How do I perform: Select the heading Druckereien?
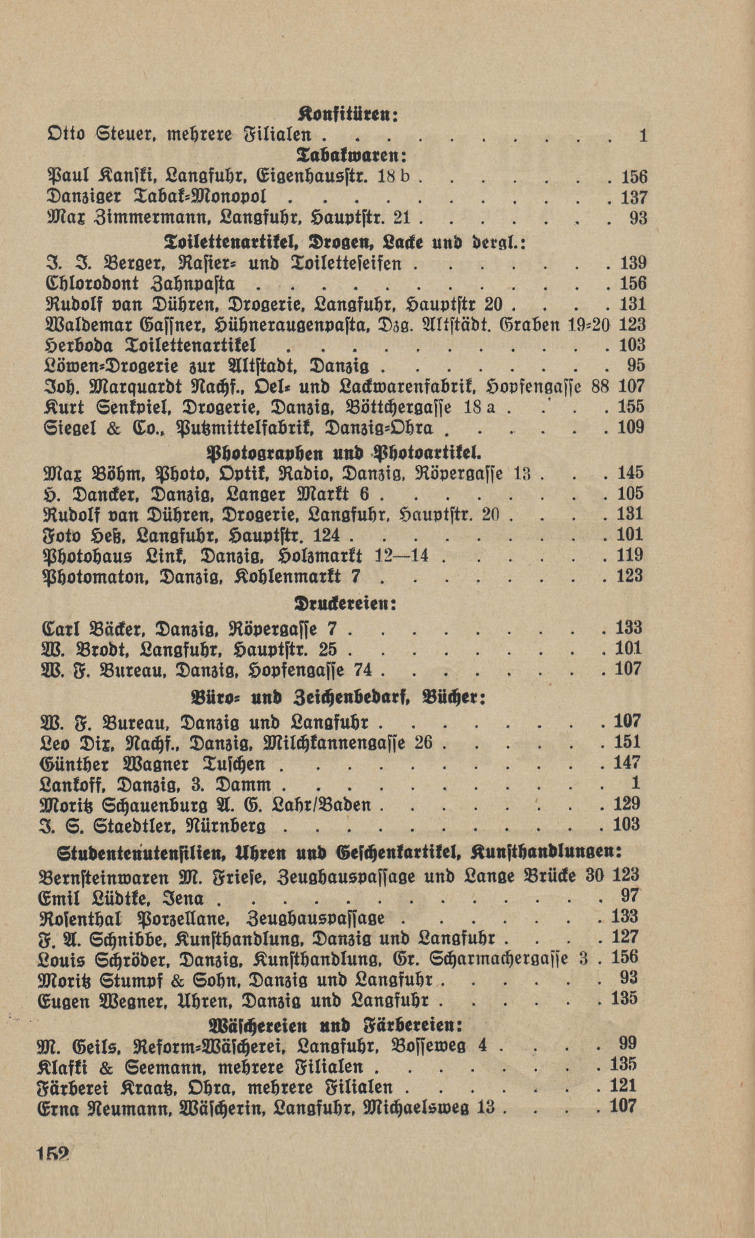346,603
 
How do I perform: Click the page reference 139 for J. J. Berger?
633,263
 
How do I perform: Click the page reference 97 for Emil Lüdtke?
629,895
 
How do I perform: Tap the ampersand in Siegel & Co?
112,428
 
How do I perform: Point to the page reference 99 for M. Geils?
627,1044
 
